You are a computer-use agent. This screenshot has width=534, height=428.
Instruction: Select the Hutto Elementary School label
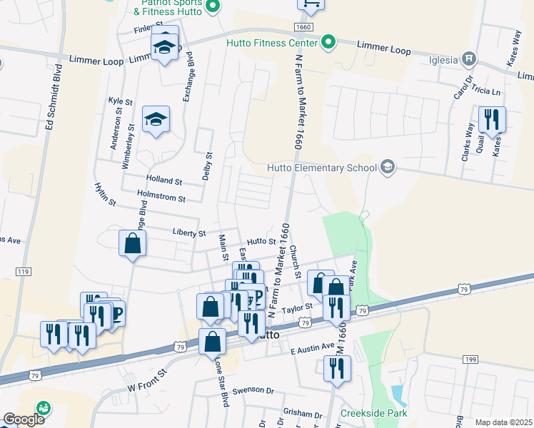point(321,168)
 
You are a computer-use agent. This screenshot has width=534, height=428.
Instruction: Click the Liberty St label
point(189,233)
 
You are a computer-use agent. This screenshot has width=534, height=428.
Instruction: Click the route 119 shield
point(23,272)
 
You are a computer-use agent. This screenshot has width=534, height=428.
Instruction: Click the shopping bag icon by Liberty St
point(133,243)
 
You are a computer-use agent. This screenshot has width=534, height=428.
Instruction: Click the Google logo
point(23,419)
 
